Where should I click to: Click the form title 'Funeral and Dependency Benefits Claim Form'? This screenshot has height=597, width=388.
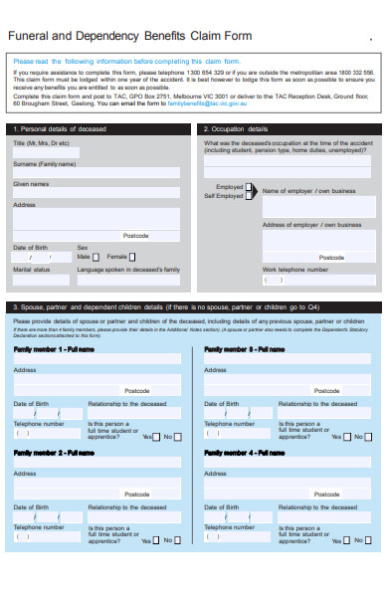point(130,36)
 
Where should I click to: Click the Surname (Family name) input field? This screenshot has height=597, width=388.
point(96,172)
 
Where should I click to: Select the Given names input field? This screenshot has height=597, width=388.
point(96,192)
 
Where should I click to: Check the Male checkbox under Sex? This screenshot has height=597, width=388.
point(100,256)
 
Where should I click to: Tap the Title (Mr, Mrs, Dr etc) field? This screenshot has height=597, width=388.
point(96,151)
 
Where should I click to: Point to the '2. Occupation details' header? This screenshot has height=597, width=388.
point(237,129)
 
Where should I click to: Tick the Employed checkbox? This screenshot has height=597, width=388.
point(249,186)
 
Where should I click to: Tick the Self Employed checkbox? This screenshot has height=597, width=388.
point(249,196)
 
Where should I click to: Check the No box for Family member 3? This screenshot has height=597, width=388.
point(369,437)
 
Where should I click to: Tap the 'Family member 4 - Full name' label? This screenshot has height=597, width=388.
point(245,453)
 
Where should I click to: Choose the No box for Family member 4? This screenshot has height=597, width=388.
point(369,541)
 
